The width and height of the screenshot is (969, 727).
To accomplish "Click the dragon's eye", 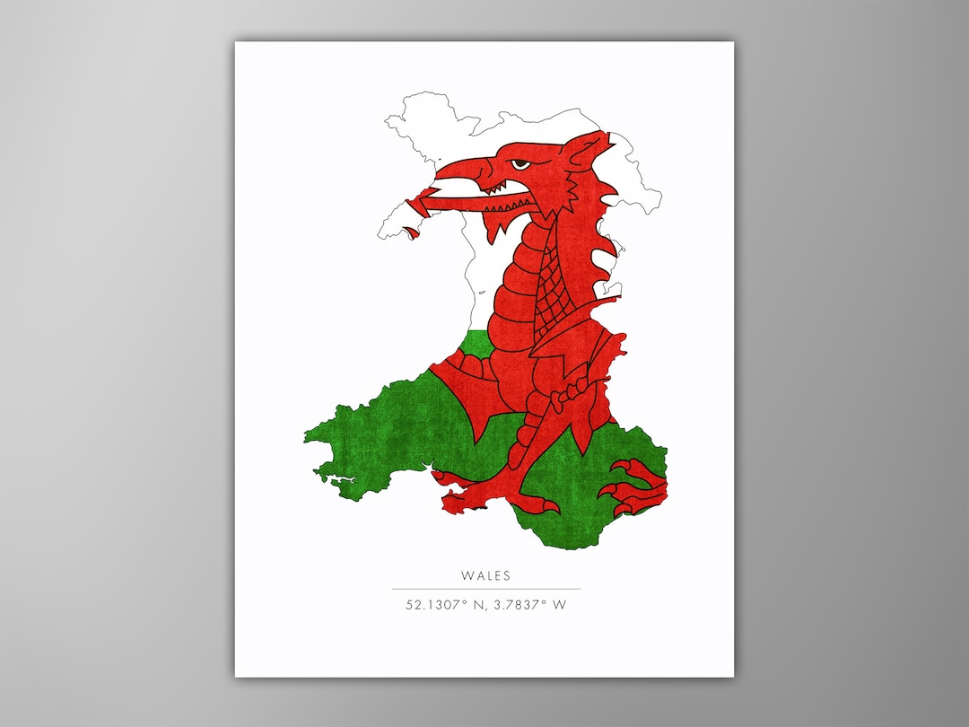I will click(x=520, y=163).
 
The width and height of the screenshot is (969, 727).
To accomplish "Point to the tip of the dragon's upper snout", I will click(x=441, y=166).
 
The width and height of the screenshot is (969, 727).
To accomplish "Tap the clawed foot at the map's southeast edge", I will click(x=639, y=486).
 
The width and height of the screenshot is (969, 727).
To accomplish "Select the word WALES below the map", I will click(x=485, y=575).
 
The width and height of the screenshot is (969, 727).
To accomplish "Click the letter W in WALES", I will click(x=467, y=575).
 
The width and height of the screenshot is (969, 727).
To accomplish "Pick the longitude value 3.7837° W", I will click(x=530, y=605).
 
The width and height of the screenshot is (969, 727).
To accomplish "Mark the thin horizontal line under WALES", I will click(x=485, y=589).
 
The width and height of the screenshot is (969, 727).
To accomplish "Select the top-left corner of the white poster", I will click(x=236, y=42).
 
